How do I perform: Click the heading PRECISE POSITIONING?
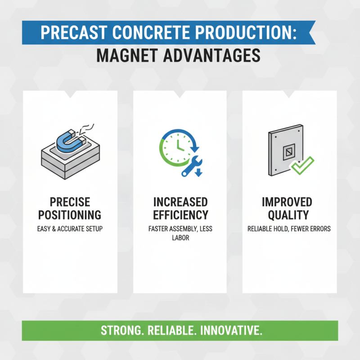(x=69, y=208)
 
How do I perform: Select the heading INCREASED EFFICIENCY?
(x=180, y=208)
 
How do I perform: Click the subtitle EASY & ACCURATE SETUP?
(x=70, y=229)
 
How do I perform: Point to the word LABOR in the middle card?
(x=180, y=238)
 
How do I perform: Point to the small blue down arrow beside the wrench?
(x=199, y=174)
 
